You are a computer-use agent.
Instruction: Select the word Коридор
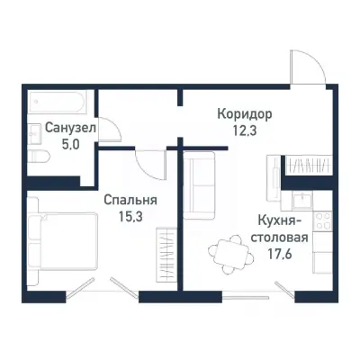(243, 114)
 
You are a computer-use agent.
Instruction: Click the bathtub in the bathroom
(58, 101)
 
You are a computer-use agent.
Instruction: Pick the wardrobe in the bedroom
(167, 256)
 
